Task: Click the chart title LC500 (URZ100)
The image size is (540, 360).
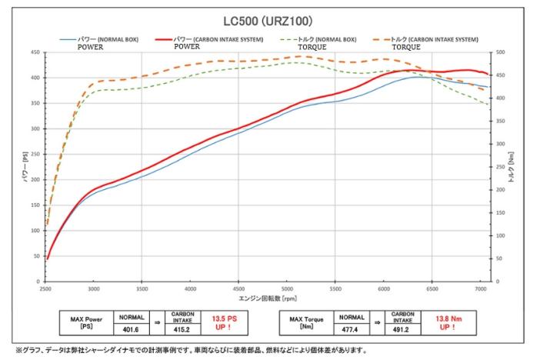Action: click(269, 21)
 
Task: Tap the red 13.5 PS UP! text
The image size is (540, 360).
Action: click(224, 321)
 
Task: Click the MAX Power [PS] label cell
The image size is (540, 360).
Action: click(85, 321)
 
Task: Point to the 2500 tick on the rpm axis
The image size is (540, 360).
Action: click(45, 289)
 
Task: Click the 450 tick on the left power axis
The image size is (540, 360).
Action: click(35, 52)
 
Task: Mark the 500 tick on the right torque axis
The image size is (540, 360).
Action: click(502, 52)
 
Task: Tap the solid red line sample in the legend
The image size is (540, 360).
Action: click(163, 38)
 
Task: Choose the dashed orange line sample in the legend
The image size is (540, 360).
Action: click(381, 38)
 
